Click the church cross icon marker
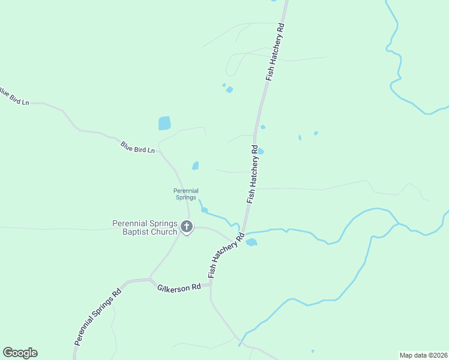tap(187, 227)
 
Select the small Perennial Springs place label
tap(186, 194)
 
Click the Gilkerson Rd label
tap(179, 288)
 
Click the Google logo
tap(20, 353)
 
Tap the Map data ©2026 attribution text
tap(424, 355)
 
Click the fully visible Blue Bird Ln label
tap(137, 147)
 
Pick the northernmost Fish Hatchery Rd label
tap(275, 52)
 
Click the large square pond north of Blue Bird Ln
tap(164, 123)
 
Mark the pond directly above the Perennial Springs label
tap(195, 166)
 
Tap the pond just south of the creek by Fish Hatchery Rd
tap(252, 242)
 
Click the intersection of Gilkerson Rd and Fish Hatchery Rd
tap(211, 284)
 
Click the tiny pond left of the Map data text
tap(313, 351)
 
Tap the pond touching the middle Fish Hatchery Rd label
tap(261, 152)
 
